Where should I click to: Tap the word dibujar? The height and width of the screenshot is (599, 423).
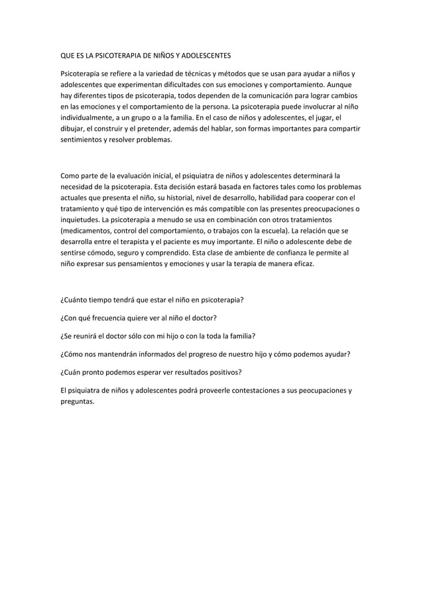click(x=74, y=129)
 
